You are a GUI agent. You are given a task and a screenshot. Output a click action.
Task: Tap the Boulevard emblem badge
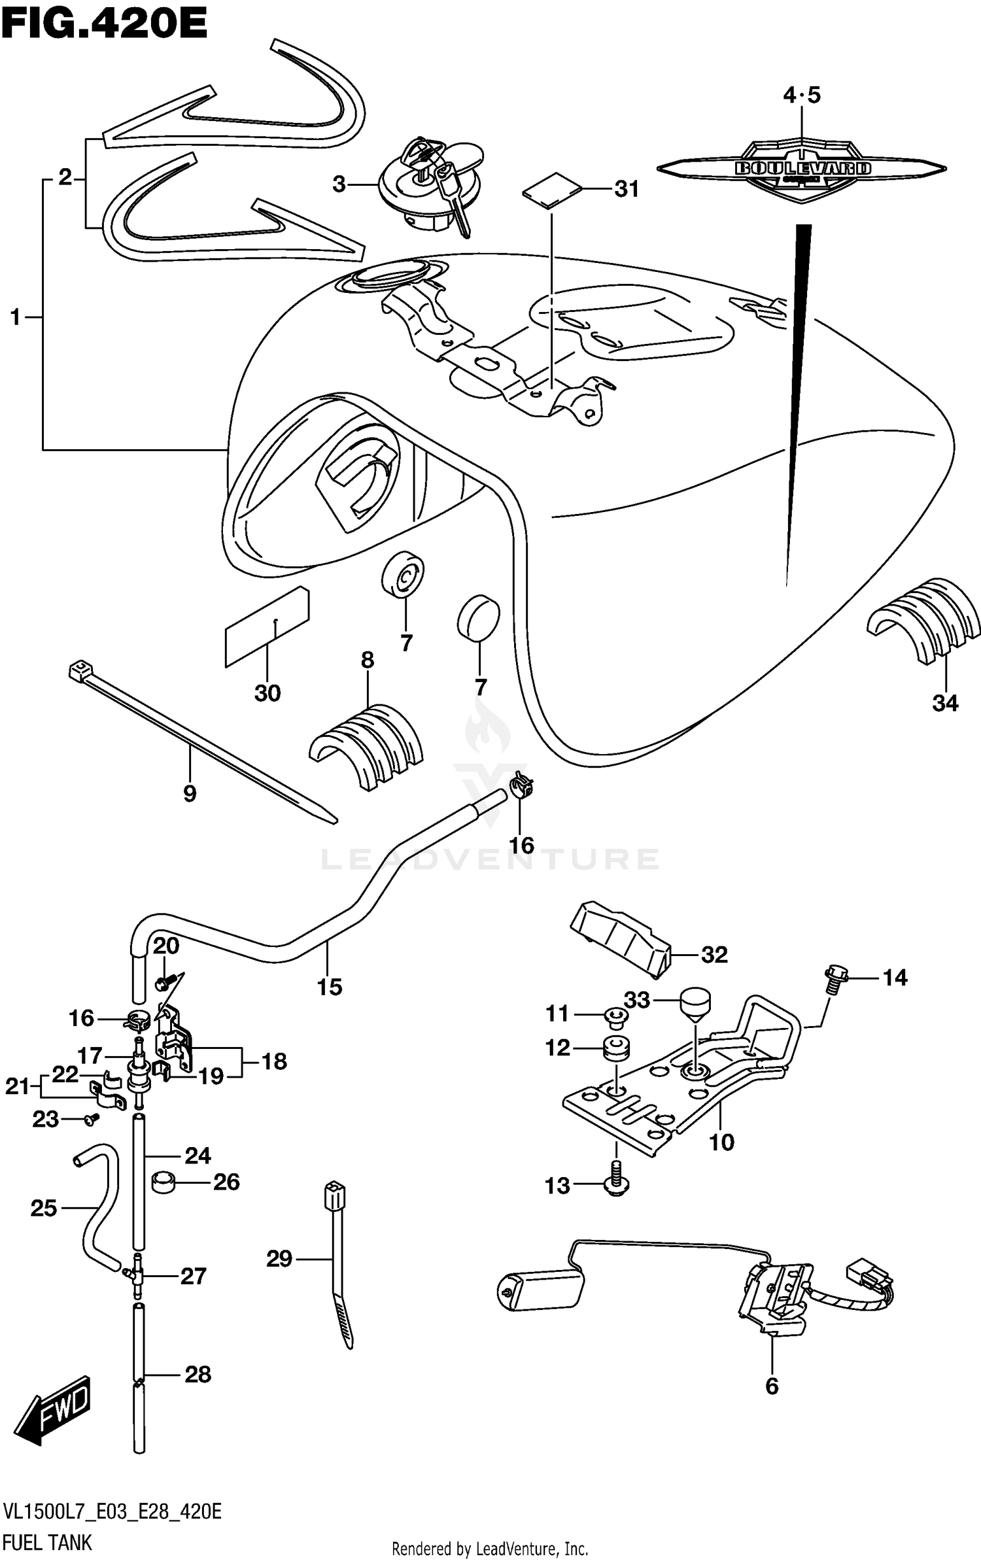pyautogui.click(x=802, y=169)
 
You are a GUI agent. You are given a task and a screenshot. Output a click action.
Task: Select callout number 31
pyautogui.click(x=626, y=189)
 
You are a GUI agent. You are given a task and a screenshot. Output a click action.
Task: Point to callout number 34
pyautogui.click(x=945, y=704)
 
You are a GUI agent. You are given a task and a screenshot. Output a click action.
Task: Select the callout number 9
pyautogui.click(x=190, y=794)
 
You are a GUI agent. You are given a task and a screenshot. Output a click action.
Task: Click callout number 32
pyautogui.click(x=714, y=955)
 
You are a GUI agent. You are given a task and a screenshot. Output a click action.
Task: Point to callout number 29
pyautogui.click(x=279, y=1259)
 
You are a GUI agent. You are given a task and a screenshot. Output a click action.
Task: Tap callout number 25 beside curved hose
pyautogui.click(x=44, y=1209)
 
